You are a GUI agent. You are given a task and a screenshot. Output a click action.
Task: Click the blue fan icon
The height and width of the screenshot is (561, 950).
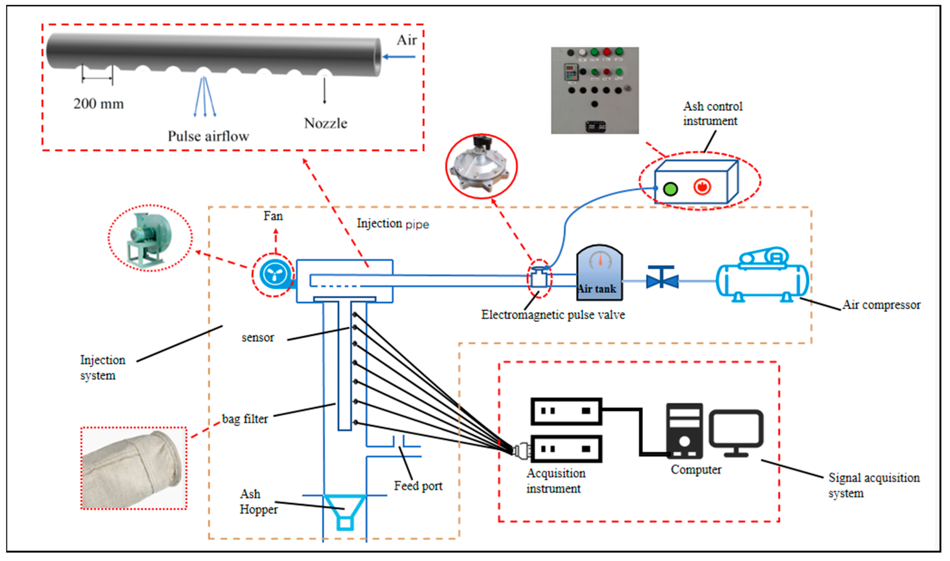click(275, 273)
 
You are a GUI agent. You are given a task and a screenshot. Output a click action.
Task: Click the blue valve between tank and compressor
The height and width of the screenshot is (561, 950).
click(662, 280)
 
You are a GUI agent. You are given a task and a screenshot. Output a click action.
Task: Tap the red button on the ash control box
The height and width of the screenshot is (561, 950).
click(702, 187)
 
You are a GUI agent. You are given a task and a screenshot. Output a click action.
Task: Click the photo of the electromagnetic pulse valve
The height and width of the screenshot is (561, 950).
click(481, 165)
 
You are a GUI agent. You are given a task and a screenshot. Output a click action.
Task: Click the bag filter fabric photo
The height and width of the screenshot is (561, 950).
click(134, 468)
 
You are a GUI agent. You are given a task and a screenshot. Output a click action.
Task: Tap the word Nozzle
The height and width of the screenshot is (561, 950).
click(325, 123)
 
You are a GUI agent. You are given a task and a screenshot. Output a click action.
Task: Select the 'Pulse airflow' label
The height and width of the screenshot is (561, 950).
click(208, 136)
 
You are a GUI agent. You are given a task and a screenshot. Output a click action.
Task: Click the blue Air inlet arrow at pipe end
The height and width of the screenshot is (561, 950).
click(399, 57)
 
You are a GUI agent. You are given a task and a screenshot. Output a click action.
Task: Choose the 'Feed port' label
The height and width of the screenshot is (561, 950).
click(418, 486)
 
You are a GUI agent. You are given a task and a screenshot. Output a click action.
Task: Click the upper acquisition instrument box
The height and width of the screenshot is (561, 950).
click(566, 411)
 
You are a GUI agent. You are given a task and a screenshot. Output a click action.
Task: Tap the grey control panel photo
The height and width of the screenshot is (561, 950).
click(595, 90)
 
